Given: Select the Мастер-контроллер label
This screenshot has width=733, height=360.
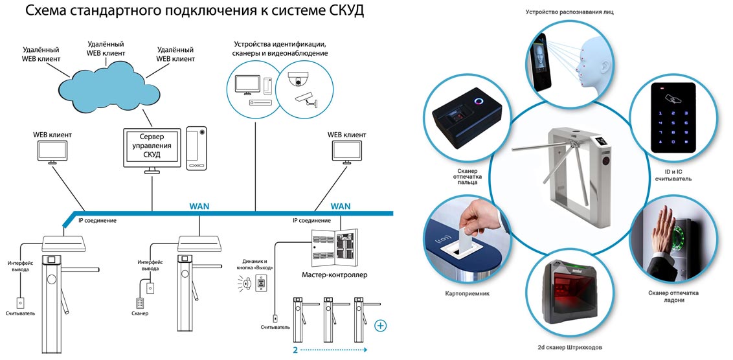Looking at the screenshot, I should click(335, 275).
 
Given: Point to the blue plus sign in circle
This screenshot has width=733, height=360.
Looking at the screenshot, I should click(381, 325).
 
